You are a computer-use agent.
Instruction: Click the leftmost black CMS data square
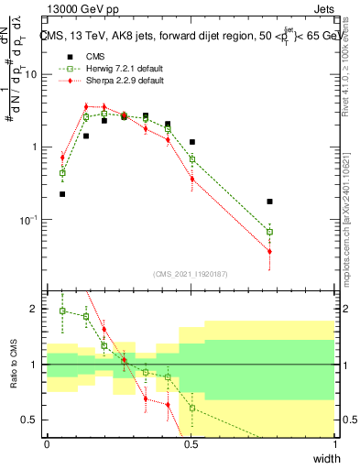point(62,194)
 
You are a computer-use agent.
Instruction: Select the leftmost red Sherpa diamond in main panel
point(62,158)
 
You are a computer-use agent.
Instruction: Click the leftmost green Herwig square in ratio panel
point(62,311)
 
